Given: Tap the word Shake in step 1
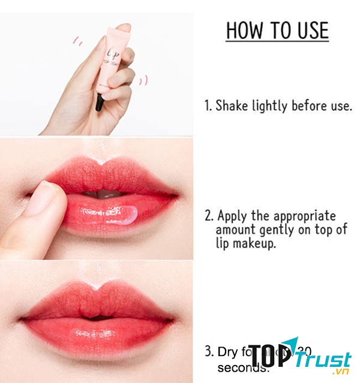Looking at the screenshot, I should [230, 106].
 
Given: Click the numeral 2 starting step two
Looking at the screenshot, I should [208, 216].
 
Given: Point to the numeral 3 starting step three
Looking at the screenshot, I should [208, 352].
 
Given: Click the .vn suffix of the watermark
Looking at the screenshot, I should [343, 372].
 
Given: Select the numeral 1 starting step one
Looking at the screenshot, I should [208, 106].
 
